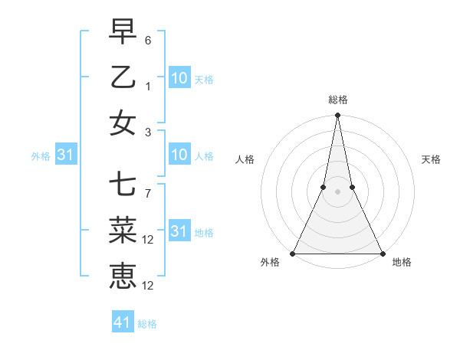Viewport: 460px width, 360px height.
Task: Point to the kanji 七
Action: point(123,185)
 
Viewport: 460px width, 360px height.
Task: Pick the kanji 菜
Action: point(123,231)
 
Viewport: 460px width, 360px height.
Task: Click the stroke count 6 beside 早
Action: point(148,40)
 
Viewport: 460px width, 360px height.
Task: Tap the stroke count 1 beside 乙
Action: point(148,86)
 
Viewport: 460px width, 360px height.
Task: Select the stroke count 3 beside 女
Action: point(148,132)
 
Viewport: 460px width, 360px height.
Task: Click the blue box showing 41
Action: point(123,322)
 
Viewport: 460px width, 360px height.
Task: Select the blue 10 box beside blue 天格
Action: point(179,77)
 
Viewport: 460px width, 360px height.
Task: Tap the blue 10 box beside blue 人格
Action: point(179,155)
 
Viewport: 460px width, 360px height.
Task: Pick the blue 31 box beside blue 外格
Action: point(65,155)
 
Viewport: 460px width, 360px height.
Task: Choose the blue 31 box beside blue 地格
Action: point(179,231)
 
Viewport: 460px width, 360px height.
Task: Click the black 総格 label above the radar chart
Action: point(337,100)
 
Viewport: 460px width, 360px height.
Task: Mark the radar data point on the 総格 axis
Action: point(337,116)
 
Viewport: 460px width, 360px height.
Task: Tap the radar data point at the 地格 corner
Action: point(382,254)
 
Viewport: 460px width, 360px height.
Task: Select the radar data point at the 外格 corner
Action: point(293,254)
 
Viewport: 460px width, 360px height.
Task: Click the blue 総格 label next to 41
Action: point(147,324)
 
